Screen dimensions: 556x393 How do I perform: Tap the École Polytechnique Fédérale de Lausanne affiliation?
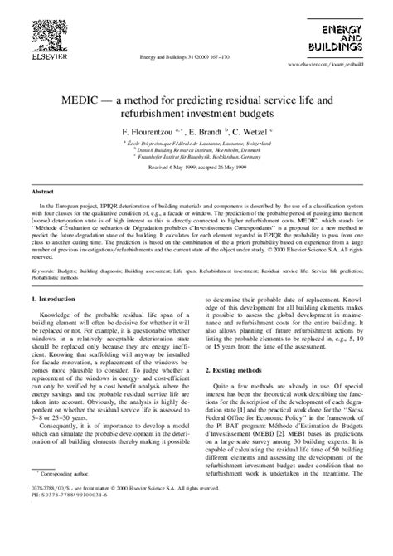(196, 144)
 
